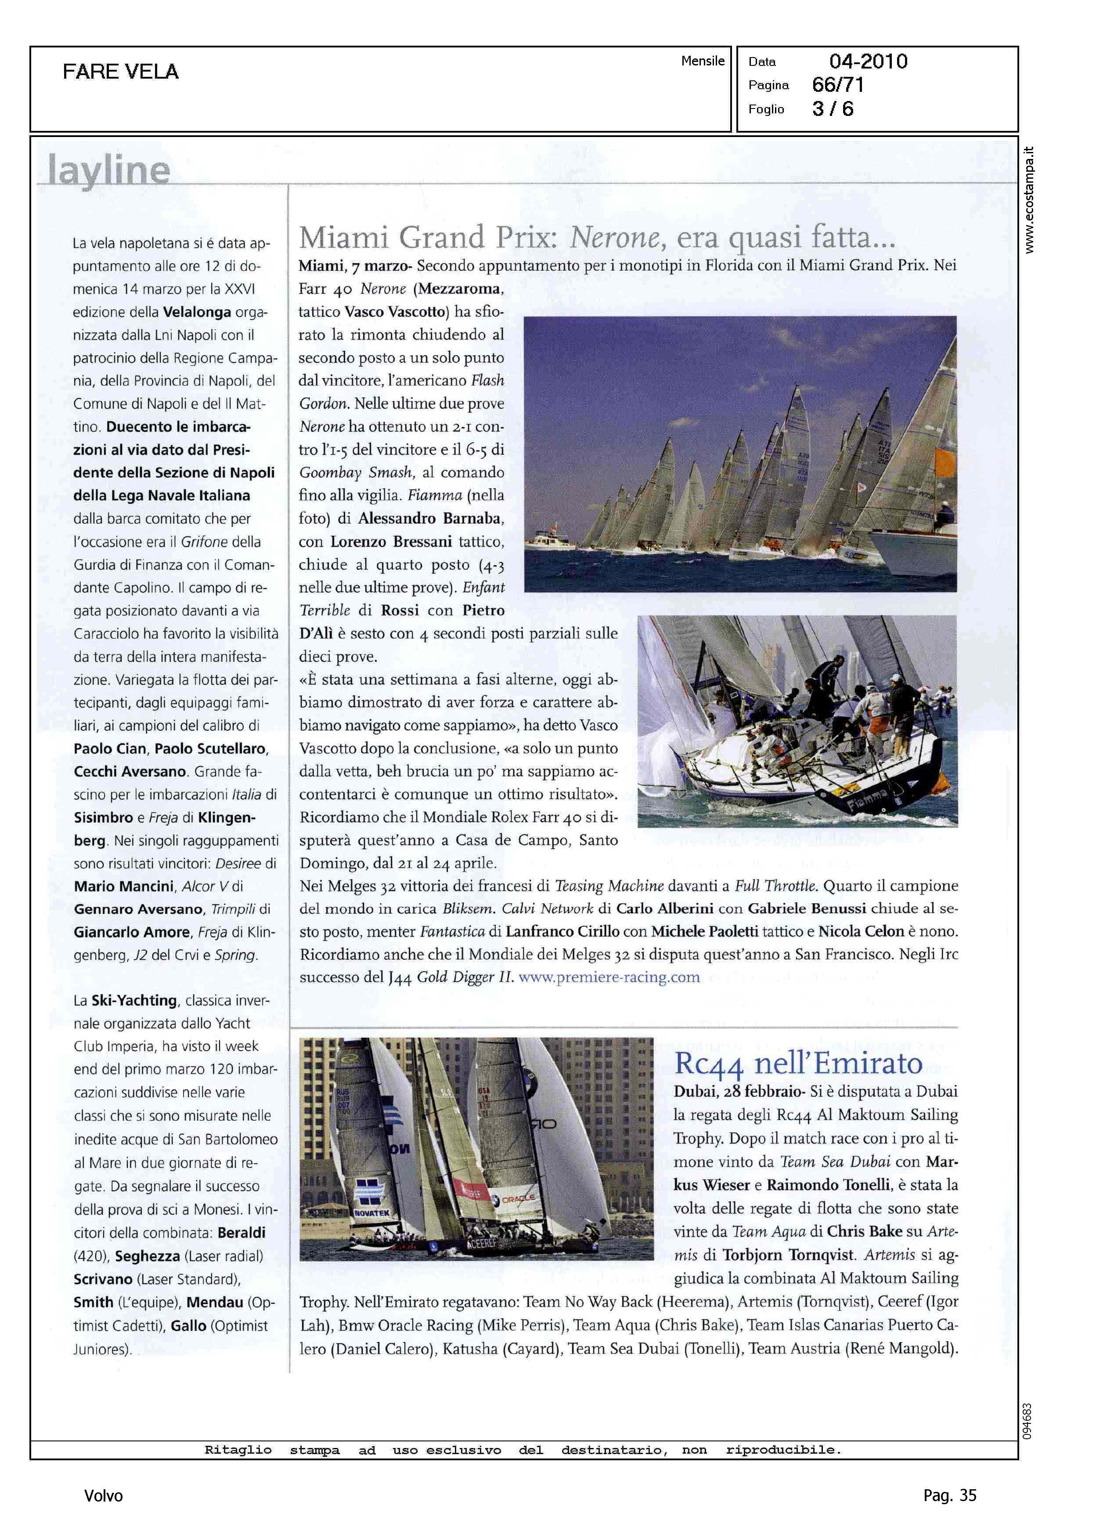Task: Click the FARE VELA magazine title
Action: (x=121, y=72)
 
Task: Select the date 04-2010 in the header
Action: (x=868, y=61)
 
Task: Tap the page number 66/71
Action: (x=837, y=85)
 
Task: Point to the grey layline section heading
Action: (x=108, y=170)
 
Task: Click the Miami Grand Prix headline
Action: (x=597, y=238)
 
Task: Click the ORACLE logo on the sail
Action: (x=518, y=1199)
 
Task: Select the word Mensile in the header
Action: (x=703, y=61)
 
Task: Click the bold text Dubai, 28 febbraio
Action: (x=739, y=1091)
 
